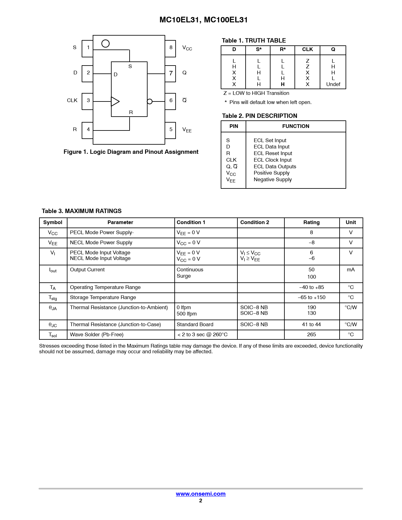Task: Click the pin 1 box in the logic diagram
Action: (87, 49)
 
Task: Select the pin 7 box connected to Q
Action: (170, 74)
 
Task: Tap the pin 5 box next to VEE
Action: (170, 130)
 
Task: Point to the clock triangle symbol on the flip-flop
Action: (115, 101)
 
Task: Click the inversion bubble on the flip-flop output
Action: (150, 101)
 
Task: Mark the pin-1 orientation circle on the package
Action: (106, 43)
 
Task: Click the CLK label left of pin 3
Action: (72, 101)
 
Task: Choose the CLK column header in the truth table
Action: (307, 49)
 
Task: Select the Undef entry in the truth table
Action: (333, 84)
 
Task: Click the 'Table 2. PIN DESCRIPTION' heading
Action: (259, 116)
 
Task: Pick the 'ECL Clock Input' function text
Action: (272, 160)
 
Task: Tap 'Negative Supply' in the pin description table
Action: (273, 180)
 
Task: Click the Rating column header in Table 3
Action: (312, 222)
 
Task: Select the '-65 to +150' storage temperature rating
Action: (312, 298)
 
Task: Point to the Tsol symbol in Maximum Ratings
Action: (53, 335)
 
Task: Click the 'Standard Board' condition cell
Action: (195, 325)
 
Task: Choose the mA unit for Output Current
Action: (351, 270)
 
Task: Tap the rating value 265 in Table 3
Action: (312, 335)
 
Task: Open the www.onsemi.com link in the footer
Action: (201, 494)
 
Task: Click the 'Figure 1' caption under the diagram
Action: (131, 152)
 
